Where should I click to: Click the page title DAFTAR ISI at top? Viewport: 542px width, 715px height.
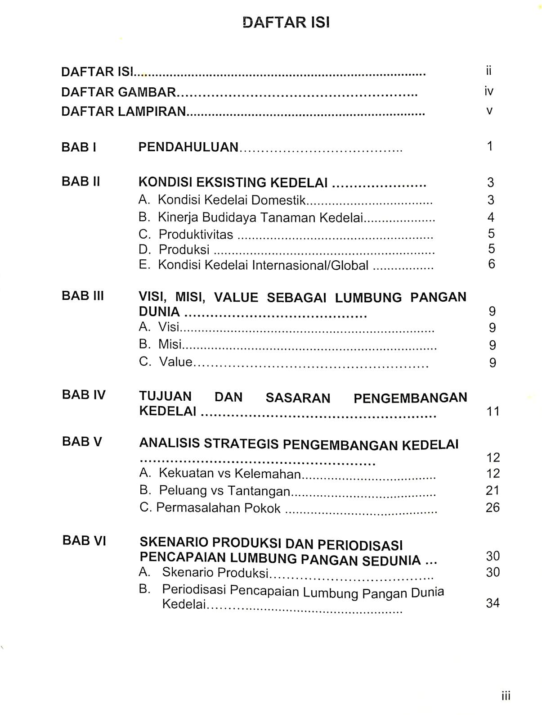(286, 23)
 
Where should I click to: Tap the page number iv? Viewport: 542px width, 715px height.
(489, 91)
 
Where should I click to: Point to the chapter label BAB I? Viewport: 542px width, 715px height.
(79, 147)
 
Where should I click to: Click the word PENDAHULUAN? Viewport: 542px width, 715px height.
(188, 147)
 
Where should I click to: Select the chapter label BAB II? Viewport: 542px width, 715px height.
(81, 181)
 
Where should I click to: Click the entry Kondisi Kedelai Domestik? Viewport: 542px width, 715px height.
(232, 200)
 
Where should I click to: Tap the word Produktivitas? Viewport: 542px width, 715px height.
(196, 235)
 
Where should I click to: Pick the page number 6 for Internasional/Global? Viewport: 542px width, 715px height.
(491, 264)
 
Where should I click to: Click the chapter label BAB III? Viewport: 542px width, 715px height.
(83, 296)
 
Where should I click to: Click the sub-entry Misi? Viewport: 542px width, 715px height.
(170, 344)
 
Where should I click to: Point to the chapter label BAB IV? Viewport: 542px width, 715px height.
(84, 395)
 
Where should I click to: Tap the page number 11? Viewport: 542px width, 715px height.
(493, 411)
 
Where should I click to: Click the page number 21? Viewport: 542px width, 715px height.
(493, 490)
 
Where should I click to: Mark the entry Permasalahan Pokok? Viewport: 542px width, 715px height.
(218, 508)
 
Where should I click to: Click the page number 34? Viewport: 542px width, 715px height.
(493, 603)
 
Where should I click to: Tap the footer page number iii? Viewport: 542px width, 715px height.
(506, 697)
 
